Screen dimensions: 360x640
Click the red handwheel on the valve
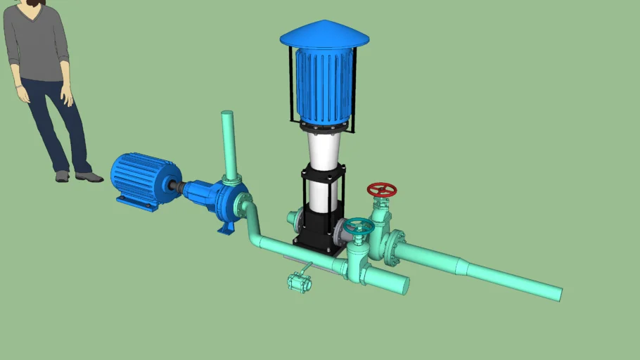(382, 190)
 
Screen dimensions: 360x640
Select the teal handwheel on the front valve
(359, 226)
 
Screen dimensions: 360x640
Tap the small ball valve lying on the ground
(299, 283)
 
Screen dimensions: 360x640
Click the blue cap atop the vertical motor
(324, 34)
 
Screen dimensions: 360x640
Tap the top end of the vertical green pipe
(227, 114)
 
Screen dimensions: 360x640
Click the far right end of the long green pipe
(560, 293)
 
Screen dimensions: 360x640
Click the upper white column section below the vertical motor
(325, 150)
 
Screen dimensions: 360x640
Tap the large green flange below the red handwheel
(392, 248)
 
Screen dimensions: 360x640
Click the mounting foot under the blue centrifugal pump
(225, 229)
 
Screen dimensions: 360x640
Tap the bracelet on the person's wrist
(18, 87)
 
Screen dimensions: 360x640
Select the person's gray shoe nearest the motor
(89, 176)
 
